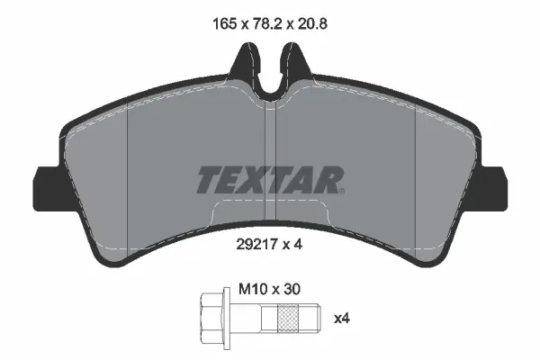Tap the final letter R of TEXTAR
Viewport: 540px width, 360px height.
click(327, 180)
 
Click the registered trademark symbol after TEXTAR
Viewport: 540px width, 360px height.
click(343, 190)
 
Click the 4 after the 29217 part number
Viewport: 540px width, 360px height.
click(296, 243)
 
